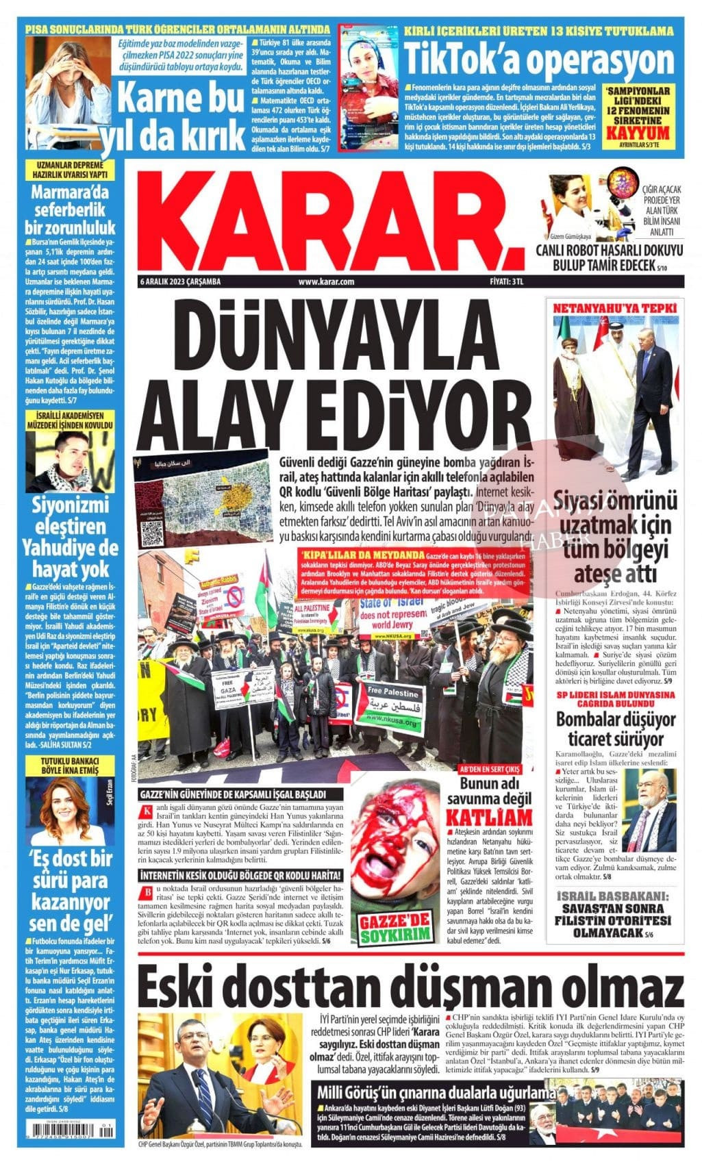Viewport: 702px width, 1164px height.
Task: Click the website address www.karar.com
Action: coord(326,281)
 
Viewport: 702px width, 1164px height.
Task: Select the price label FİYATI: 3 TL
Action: coord(507,281)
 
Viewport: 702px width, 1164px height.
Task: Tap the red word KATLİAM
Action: coord(489,817)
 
